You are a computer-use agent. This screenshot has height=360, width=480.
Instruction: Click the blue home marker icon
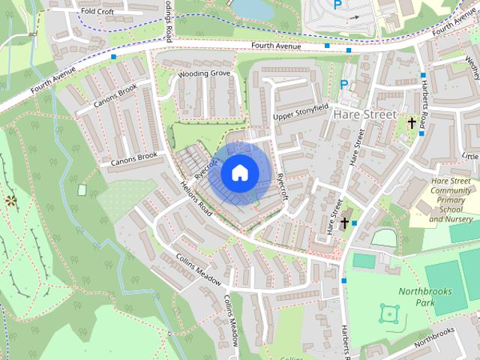pyautogui.click(x=239, y=173)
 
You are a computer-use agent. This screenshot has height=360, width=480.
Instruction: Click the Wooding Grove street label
pyautogui.click(x=204, y=74)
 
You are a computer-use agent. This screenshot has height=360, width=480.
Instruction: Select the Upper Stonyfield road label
pyautogui.click(x=301, y=112)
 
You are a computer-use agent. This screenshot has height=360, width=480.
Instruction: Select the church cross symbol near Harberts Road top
pyautogui.click(x=411, y=121)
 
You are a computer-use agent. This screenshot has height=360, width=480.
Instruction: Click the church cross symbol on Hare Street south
pyautogui.click(x=344, y=223)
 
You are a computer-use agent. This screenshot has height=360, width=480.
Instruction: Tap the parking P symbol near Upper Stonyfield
pyautogui.click(x=344, y=85)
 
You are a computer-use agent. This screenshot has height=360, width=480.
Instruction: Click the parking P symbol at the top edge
pyautogui.click(x=337, y=4)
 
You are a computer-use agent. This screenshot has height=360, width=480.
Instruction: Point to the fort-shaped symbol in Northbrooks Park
pyautogui.click(x=388, y=313)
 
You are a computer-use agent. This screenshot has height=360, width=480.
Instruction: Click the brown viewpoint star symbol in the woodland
pyautogui.click(x=10, y=200)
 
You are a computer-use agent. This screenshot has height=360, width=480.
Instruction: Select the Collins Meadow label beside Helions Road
pyautogui.click(x=199, y=268)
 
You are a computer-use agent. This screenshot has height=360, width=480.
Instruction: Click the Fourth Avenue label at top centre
pyautogui.click(x=277, y=46)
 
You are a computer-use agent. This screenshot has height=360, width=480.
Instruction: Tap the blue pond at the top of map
pyautogui.click(x=252, y=7)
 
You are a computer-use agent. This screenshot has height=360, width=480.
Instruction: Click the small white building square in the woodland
pyautogui.click(x=82, y=190)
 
